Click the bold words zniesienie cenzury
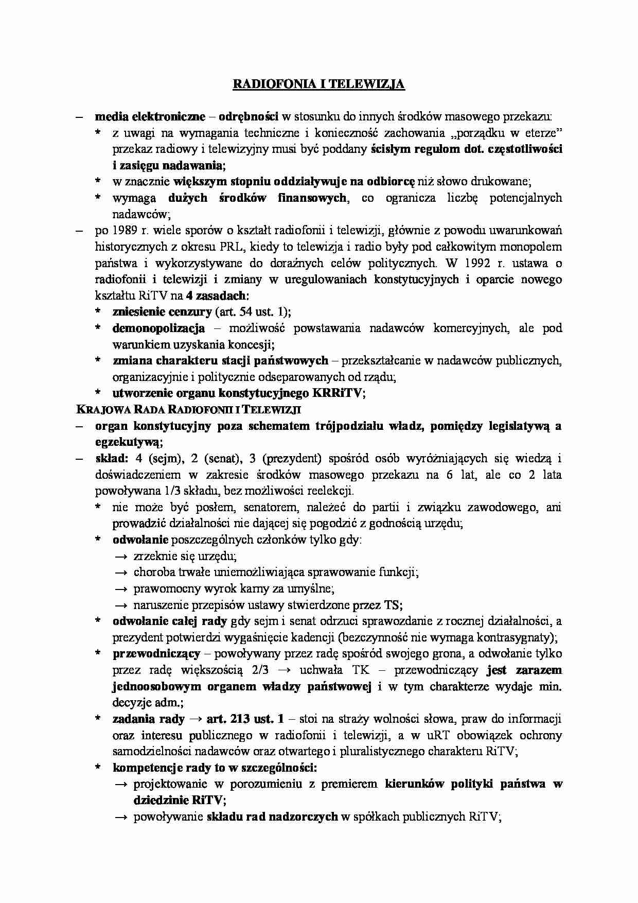162,312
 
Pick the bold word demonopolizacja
158,328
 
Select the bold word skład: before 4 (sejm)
111,458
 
